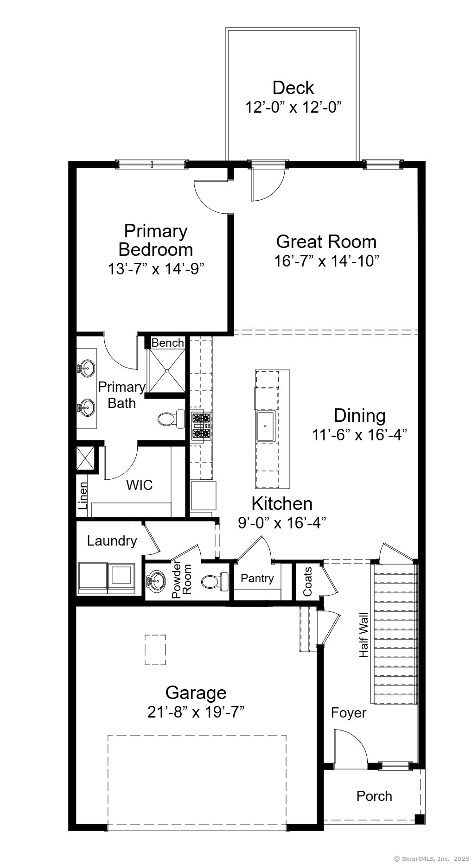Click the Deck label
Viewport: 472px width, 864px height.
point(293,88)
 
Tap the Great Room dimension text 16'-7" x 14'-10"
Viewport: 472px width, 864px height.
point(326,261)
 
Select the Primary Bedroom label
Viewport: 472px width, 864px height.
point(155,240)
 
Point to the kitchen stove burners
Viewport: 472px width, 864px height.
point(202,426)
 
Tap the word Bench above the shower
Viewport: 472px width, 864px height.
point(167,343)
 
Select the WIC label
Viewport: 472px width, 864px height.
point(140,485)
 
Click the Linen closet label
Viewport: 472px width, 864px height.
point(83,496)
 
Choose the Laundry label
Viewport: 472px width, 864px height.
point(112,540)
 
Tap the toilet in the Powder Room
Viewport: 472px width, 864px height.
point(215,580)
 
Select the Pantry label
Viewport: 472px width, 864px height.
point(257,578)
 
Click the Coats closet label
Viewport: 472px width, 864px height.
point(307,582)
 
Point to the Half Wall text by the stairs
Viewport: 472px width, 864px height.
point(364,635)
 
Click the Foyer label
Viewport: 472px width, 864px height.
point(348,712)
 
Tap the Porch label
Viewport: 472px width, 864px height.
point(374,796)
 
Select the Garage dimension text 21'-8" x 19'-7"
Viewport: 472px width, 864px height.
point(196,712)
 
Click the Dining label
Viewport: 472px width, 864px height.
point(359,415)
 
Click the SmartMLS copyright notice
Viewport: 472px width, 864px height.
point(432,858)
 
